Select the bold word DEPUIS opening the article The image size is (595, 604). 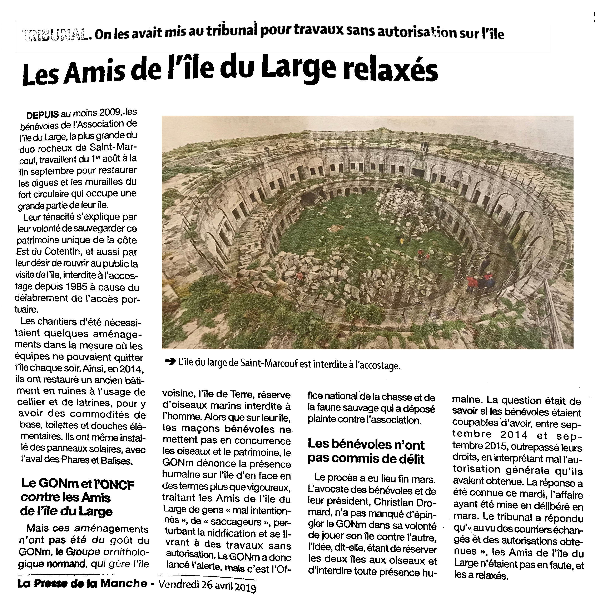pos(43,115)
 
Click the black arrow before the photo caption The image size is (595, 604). pos(170,362)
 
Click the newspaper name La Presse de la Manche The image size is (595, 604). pos(82,583)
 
